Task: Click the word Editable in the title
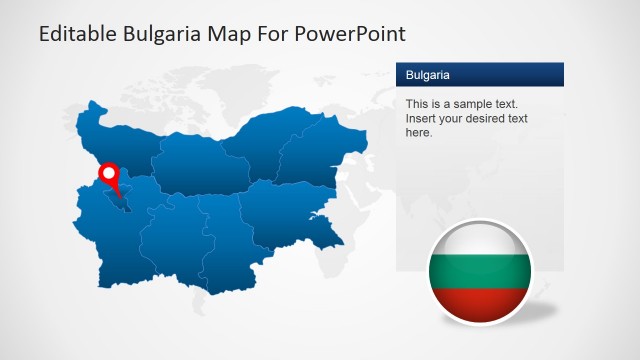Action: pyautogui.click(x=74, y=34)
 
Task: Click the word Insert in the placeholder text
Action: pyautogui.click(x=421, y=118)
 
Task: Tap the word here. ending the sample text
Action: pyautogui.click(x=419, y=132)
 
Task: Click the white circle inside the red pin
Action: pyautogui.click(x=110, y=172)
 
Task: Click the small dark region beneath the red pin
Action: pyautogui.click(x=120, y=204)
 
